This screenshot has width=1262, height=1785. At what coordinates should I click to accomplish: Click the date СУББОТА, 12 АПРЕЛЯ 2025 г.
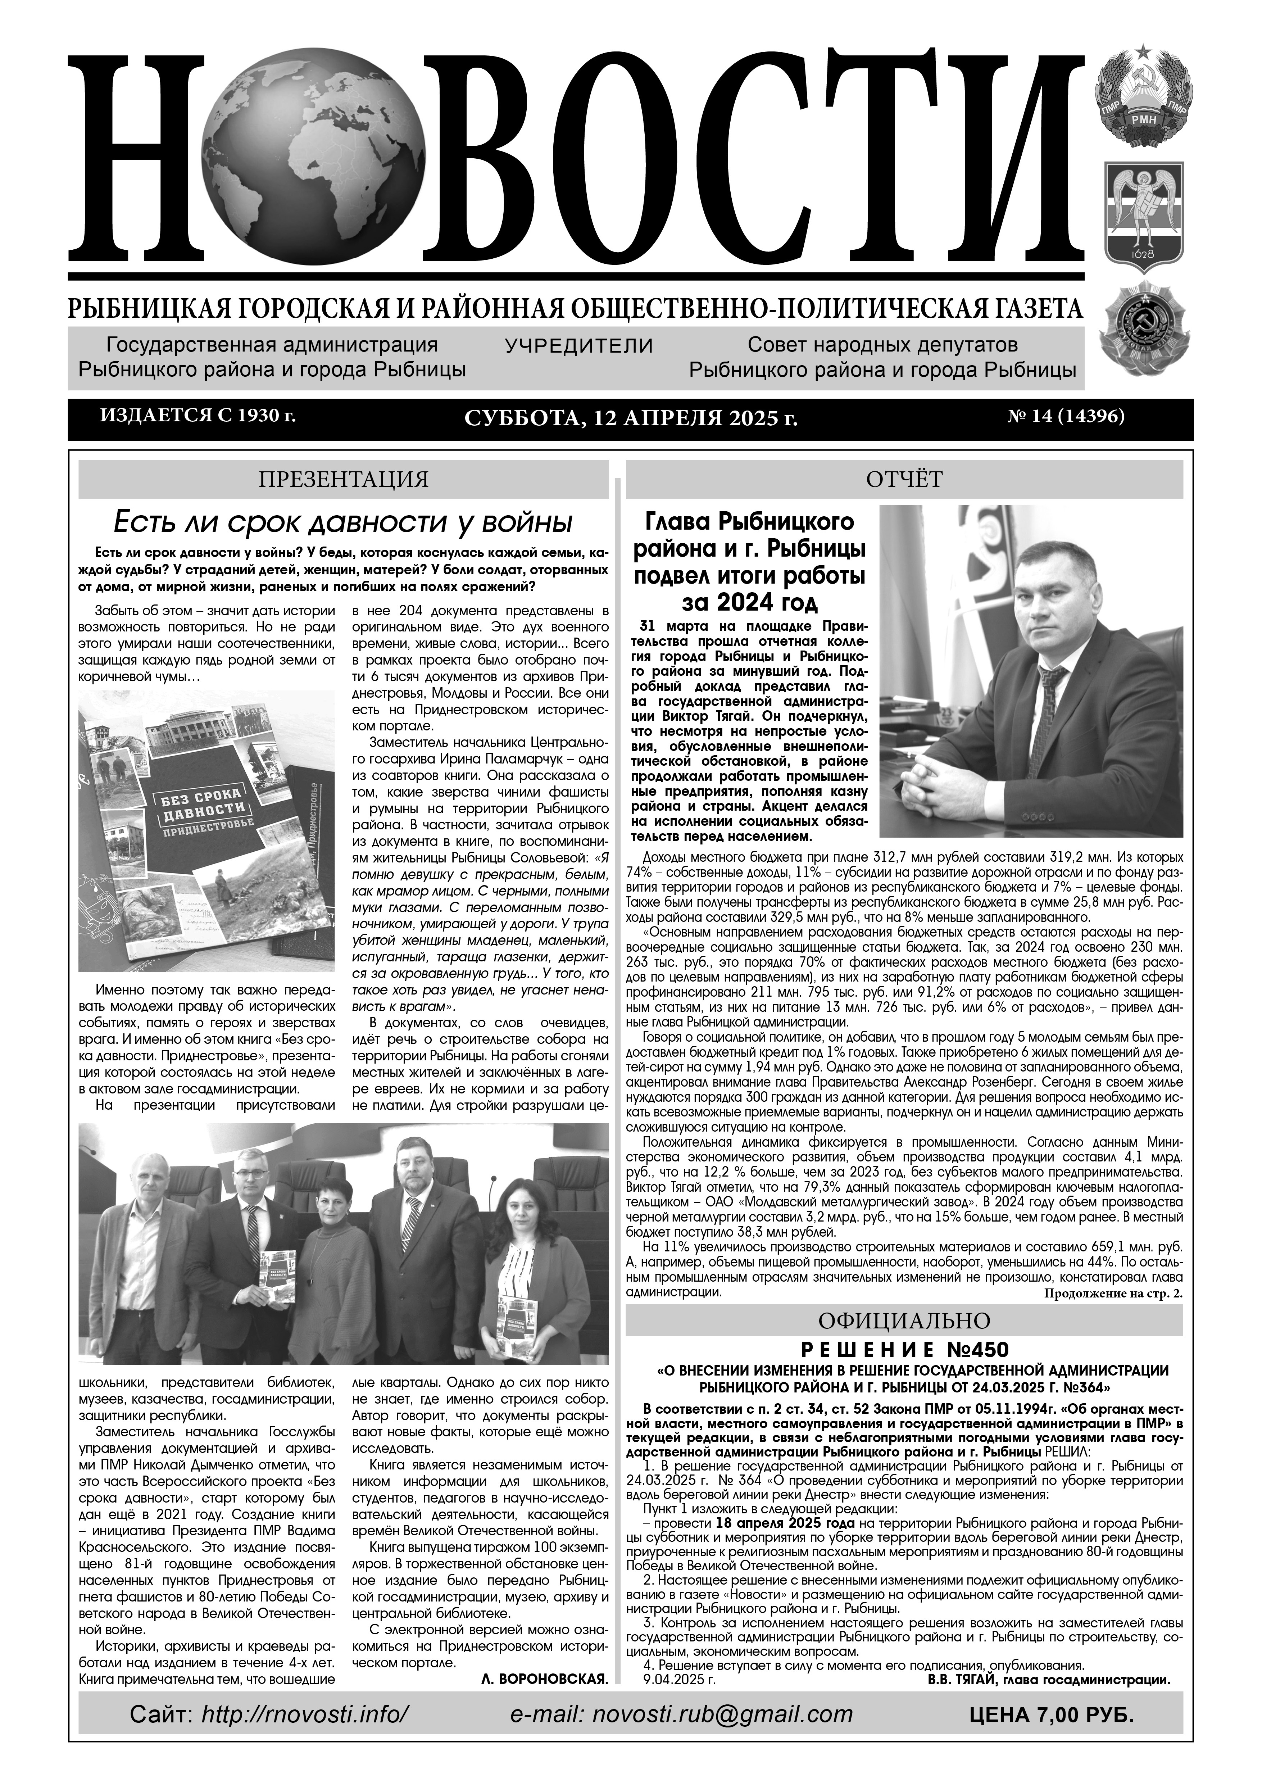[631, 419]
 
